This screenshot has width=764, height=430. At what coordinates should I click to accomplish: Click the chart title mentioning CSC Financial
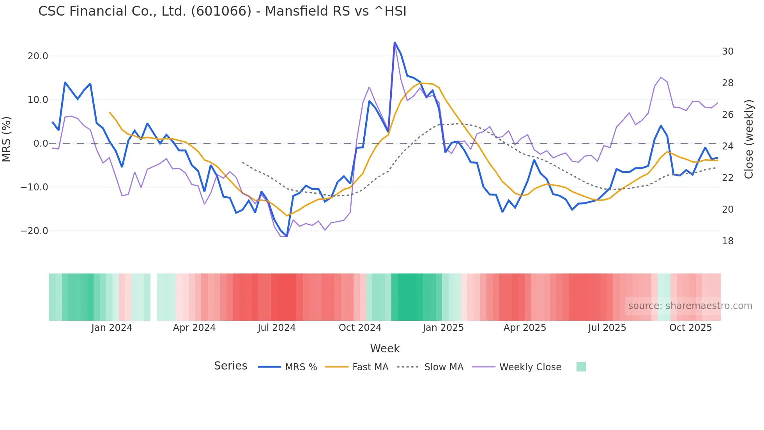[x=222, y=11]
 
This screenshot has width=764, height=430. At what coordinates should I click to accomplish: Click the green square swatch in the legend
[x=581, y=367]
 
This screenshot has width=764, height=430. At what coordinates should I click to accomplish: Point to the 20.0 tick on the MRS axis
[x=38, y=56]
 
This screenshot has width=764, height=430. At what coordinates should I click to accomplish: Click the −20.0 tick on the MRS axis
[x=34, y=231]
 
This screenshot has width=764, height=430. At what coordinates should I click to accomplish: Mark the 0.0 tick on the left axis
[x=41, y=144]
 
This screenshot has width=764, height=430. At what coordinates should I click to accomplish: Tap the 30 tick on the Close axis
[x=728, y=52]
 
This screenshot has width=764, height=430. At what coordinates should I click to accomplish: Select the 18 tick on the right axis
[x=728, y=241]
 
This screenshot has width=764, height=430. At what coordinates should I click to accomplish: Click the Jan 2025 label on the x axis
[x=443, y=328]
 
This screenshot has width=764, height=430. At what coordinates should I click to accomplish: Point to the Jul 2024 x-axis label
[x=277, y=328]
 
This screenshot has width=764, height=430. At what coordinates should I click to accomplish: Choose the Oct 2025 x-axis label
[x=690, y=328]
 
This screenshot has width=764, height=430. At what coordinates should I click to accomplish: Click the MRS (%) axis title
[x=7, y=139]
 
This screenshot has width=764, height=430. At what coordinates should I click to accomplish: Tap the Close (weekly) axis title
[x=749, y=139]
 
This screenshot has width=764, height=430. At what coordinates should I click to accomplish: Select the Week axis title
[x=385, y=348]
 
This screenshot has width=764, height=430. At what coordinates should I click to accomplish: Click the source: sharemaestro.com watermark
[x=690, y=306]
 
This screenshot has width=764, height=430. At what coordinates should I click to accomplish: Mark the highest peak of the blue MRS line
[x=394, y=42]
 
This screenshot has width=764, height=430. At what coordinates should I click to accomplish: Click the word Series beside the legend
[x=230, y=366]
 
